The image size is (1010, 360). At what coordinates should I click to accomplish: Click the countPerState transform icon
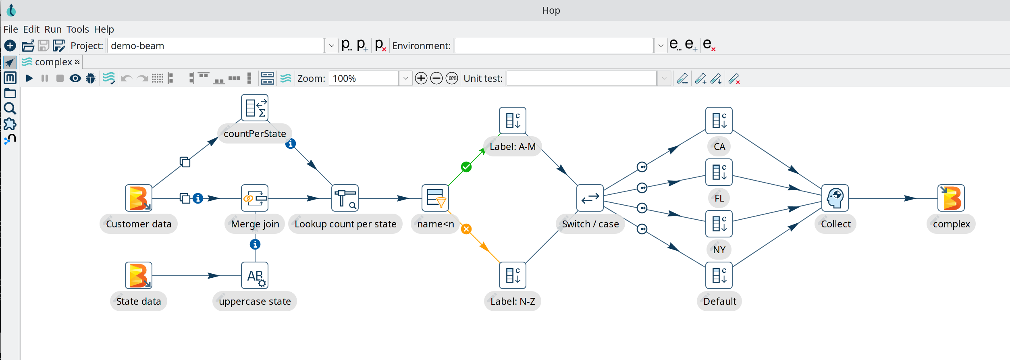(x=255, y=108)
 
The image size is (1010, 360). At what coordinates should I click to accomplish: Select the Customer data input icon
(x=138, y=198)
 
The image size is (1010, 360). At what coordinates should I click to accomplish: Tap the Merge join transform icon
(x=255, y=198)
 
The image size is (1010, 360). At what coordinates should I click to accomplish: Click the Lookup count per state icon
(x=345, y=198)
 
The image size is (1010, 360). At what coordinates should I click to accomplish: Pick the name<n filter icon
(x=435, y=198)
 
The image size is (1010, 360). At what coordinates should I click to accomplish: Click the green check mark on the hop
(x=466, y=167)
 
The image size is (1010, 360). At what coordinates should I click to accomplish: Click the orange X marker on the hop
(x=466, y=229)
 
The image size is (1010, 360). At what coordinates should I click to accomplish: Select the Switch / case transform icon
(x=590, y=198)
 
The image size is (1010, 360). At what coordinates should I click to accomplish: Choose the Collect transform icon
(x=835, y=198)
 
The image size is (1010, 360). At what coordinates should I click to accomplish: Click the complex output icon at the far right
(x=951, y=198)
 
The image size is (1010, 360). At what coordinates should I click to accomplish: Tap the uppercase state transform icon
(x=255, y=275)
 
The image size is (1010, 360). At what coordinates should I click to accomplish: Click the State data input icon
(x=138, y=275)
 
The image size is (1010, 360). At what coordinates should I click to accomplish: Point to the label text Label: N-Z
(x=513, y=301)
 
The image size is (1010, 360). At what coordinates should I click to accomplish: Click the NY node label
(x=719, y=250)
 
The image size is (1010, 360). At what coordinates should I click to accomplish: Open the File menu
(x=10, y=29)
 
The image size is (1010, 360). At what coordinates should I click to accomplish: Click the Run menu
(x=53, y=29)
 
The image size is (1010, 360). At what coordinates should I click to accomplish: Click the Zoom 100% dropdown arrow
(x=405, y=78)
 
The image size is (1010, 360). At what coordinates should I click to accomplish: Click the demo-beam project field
(x=216, y=46)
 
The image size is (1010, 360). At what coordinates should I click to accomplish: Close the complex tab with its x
(x=77, y=62)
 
